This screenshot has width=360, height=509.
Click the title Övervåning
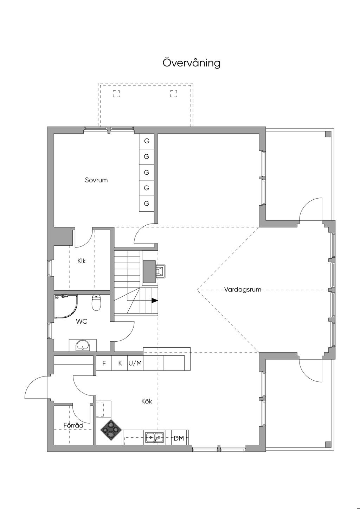(192, 63)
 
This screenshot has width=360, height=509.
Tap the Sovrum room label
(96, 180)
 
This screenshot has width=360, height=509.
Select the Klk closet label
(82, 261)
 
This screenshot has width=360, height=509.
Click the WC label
(82, 321)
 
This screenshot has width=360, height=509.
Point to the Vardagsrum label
(243, 290)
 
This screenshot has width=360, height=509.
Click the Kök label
(147, 401)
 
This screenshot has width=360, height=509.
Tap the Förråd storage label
(73, 426)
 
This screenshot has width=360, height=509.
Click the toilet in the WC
(96, 303)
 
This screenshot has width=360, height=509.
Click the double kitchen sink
(155, 438)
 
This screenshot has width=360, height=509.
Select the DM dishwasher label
(179, 438)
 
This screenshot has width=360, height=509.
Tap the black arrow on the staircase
(154, 301)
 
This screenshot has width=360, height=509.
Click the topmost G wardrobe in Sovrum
(147, 141)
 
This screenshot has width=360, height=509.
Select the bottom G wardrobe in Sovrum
(147, 204)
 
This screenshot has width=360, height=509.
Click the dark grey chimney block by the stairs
(149, 271)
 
